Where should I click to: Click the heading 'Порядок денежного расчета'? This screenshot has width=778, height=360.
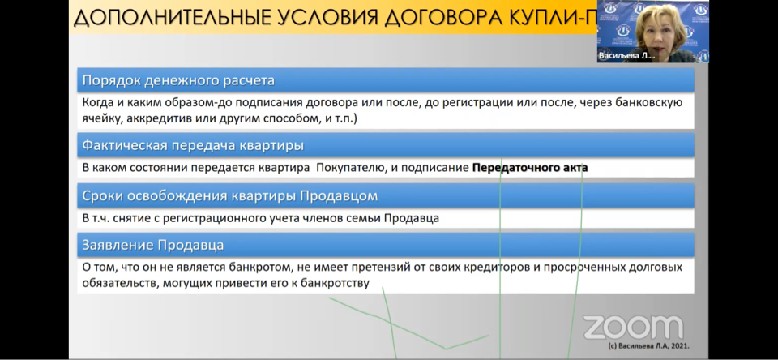click(178, 80)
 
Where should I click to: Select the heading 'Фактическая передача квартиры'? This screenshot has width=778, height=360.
click(193, 145)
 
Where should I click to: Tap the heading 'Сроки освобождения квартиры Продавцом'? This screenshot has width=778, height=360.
click(229, 196)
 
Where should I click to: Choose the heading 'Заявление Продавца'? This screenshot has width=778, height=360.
click(153, 246)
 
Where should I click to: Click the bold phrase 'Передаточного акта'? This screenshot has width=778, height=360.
click(530, 168)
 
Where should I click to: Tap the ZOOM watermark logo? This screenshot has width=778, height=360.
click(633, 328)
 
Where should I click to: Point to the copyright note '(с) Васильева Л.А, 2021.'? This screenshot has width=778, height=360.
click(649, 346)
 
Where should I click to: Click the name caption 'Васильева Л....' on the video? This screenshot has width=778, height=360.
click(626, 56)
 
